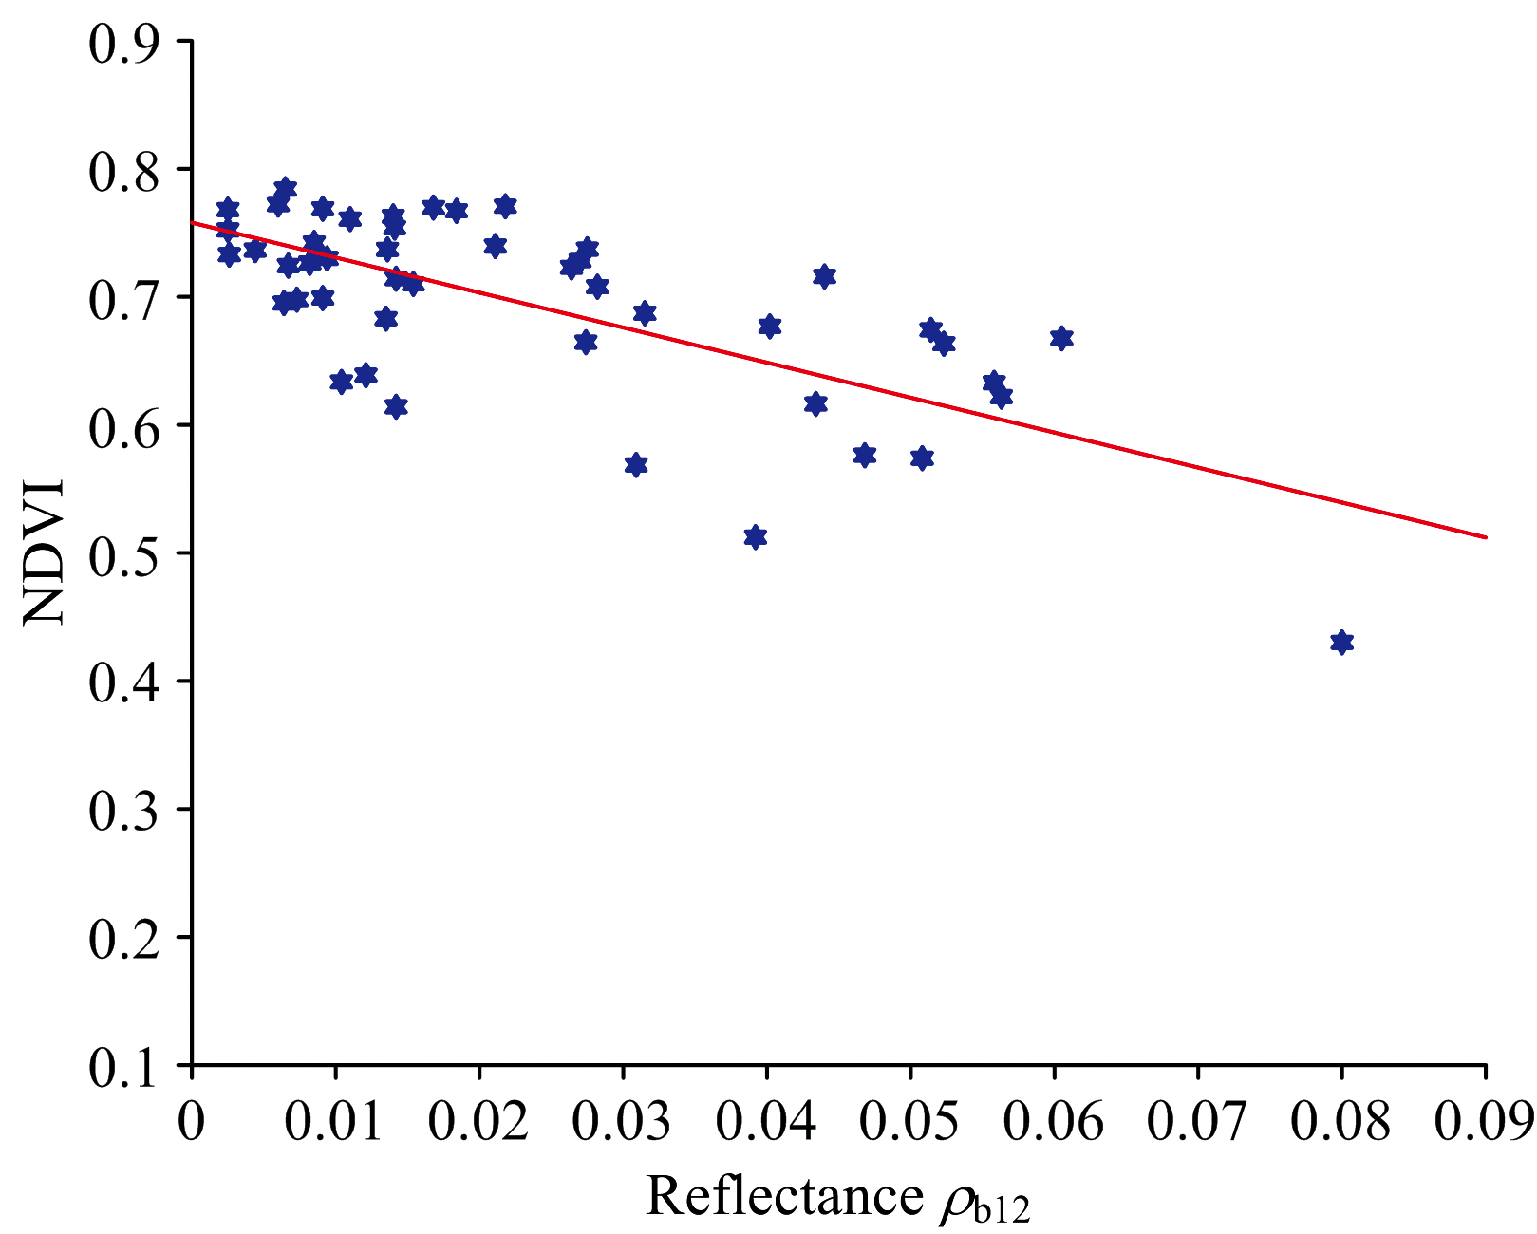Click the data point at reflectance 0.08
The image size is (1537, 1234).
(x=1341, y=643)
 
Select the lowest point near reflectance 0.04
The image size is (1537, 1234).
(x=756, y=537)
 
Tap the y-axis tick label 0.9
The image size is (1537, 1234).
(x=123, y=43)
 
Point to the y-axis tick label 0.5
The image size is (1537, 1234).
(x=123, y=554)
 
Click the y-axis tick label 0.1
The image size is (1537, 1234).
(x=123, y=1067)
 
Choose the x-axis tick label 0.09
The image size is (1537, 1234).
(x=1483, y=1124)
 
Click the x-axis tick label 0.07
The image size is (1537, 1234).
(x=1196, y=1124)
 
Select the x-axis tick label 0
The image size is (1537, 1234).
(x=193, y=1124)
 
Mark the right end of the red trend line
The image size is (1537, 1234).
(x=1485, y=537)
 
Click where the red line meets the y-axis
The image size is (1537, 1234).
(x=193, y=223)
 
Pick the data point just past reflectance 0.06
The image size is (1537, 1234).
(x=1061, y=339)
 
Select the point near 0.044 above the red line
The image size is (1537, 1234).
(x=824, y=276)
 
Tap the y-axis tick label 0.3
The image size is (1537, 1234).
(x=123, y=811)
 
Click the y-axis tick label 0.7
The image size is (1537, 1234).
(x=123, y=298)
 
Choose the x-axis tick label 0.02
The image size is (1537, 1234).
(x=478, y=1124)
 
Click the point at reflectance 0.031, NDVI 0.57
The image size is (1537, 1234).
(x=636, y=465)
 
